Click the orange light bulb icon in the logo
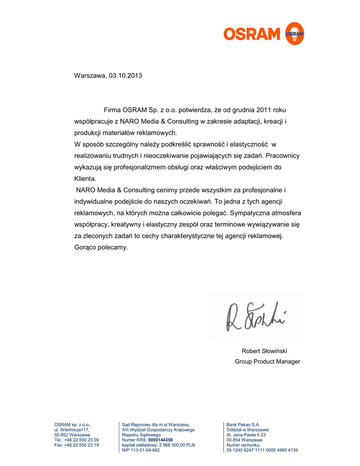click(294, 34)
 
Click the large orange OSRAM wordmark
click(252, 34)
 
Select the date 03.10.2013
click(125, 76)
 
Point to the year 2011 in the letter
click(264, 110)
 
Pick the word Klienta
click(85, 179)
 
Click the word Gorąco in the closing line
click(86, 247)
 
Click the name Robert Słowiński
click(264, 351)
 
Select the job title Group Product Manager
click(267, 362)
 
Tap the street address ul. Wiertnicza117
click(72, 430)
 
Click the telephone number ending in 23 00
click(82, 440)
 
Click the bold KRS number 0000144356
click(160, 440)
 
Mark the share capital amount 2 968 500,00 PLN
click(177, 445)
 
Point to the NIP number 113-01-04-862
click(141, 450)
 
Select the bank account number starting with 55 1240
click(262, 450)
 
